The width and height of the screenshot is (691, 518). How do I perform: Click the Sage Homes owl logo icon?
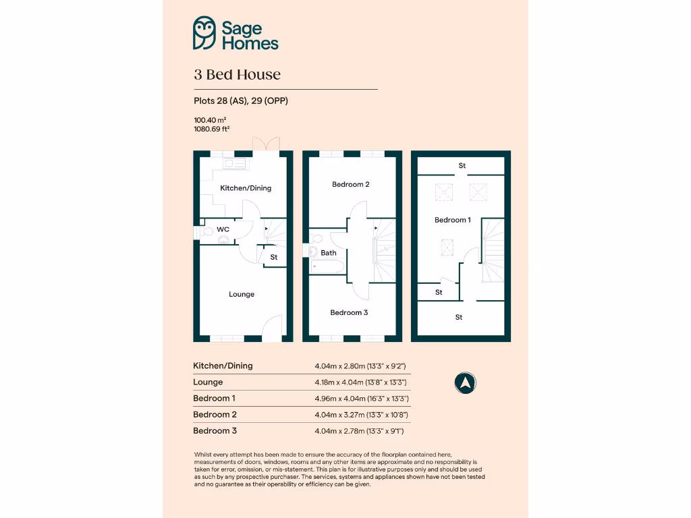[x=204, y=33]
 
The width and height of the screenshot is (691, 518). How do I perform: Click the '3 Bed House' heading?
[x=237, y=75]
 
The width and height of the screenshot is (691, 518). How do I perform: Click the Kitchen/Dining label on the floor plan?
[x=246, y=188]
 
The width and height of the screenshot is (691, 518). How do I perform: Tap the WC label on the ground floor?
[x=223, y=229]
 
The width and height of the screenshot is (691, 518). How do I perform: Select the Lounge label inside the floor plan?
[x=242, y=294]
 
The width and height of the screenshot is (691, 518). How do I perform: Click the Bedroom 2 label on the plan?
[x=350, y=184]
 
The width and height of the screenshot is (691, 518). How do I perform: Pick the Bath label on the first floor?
[x=329, y=253]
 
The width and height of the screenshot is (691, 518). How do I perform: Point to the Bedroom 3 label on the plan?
[x=349, y=312]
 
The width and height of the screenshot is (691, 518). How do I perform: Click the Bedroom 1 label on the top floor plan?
[x=452, y=220]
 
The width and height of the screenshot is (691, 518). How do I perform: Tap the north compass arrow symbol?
[x=465, y=383]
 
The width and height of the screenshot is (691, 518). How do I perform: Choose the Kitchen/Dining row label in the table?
[x=223, y=366]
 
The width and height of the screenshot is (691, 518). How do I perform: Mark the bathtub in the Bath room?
[x=327, y=266]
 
